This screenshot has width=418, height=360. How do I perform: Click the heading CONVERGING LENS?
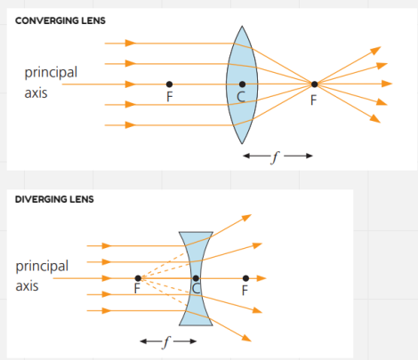[x=60, y=20]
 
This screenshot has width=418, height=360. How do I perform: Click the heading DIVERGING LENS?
[x=54, y=199]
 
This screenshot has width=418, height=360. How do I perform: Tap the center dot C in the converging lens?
[x=242, y=84]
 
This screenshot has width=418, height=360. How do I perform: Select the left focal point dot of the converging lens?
[x=169, y=84]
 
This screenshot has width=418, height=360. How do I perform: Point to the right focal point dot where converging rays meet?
[x=315, y=84]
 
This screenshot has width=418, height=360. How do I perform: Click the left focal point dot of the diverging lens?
[x=138, y=278]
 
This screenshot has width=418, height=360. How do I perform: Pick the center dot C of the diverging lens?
[x=196, y=278]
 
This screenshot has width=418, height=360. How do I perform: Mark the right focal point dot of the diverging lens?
[x=245, y=278]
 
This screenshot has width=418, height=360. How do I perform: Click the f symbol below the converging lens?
[x=276, y=157]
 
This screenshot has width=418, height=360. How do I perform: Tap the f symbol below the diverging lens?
[x=166, y=342]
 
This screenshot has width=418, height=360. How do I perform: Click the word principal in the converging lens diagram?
[x=51, y=73]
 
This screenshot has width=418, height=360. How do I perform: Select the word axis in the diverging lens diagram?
[x=27, y=286]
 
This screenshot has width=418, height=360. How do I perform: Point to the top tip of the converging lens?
[x=242, y=26]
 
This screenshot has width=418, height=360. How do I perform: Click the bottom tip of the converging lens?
[x=242, y=144]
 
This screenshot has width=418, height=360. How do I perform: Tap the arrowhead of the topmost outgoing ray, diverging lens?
[x=246, y=218]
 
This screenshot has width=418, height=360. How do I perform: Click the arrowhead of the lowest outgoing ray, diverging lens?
[x=246, y=338]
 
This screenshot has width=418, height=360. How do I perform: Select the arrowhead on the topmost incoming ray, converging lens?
[x=131, y=44]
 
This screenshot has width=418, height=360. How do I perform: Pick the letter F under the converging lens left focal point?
[x=170, y=97]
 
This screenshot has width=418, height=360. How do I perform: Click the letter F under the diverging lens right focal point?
[x=245, y=291]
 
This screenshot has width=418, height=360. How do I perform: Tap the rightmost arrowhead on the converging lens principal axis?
[x=387, y=84]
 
